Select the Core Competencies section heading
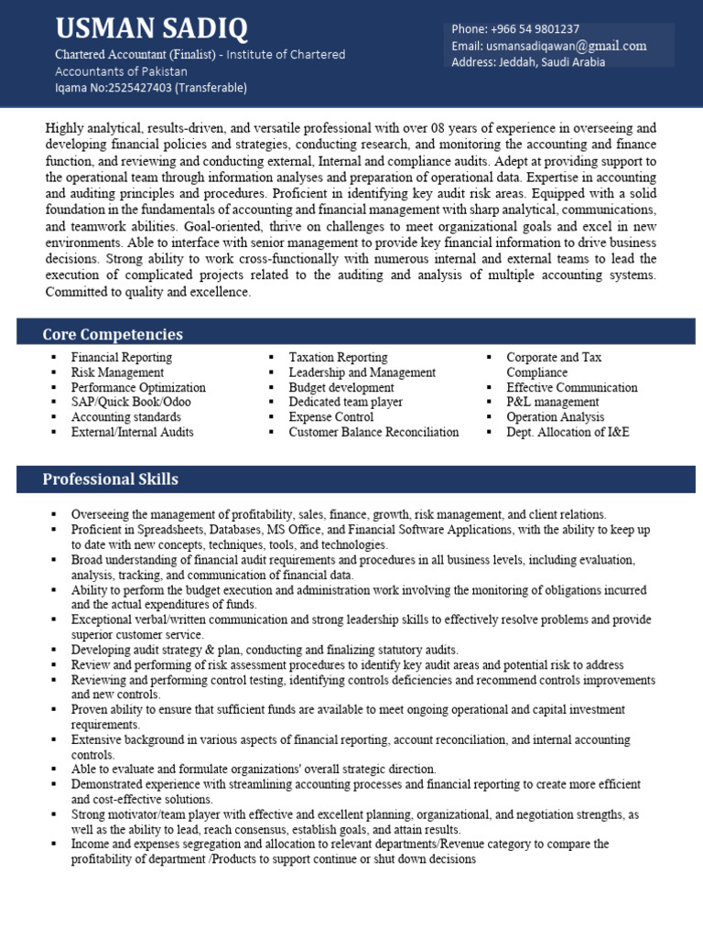(x=113, y=334)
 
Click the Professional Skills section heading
(x=111, y=479)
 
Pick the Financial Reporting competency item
(x=122, y=358)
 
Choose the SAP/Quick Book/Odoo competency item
(x=131, y=402)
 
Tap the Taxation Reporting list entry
(x=338, y=358)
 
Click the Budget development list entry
(x=341, y=387)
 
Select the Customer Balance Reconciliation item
(x=373, y=432)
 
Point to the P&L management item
(x=553, y=402)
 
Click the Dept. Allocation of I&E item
(x=568, y=432)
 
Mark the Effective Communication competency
(x=572, y=387)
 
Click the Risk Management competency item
(x=118, y=372)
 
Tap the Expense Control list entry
(x=330, y=417)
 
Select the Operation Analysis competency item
(x=556, y=417)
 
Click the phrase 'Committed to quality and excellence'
(x=148, y=292)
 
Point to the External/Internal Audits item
(x=133, y=432)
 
